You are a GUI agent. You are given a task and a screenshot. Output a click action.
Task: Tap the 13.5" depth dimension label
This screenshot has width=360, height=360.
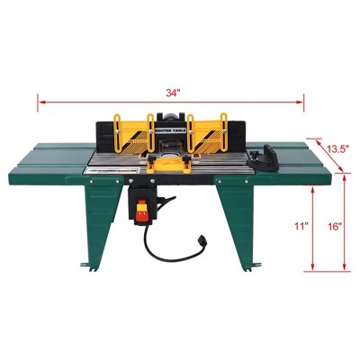(x=337, y=148)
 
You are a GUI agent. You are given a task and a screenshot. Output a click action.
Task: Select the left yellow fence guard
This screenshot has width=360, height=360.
(x=130, y=134)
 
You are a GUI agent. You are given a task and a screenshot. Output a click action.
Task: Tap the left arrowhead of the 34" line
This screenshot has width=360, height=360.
(x=40, y=102)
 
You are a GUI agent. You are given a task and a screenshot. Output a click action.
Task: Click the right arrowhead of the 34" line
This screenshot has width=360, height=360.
(x=302, y=102)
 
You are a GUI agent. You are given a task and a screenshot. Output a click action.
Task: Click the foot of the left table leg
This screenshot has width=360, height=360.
(x=87, y=266)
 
